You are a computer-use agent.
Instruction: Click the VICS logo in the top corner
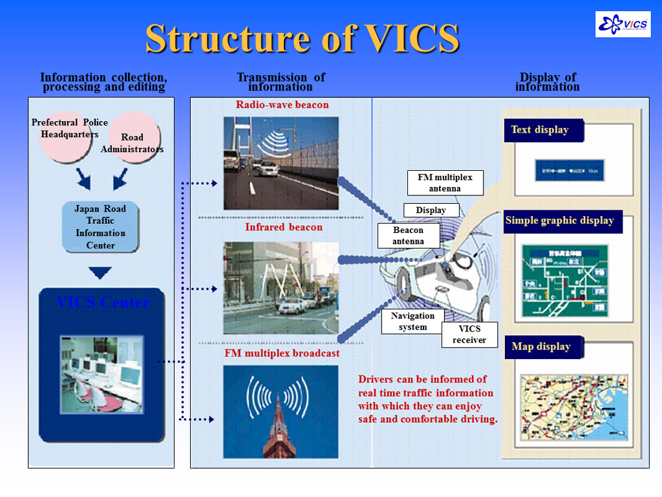[x=623, y=24]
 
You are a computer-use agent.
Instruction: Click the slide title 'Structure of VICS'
[x=302, y=38]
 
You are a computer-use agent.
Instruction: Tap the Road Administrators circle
[x=133, y=137]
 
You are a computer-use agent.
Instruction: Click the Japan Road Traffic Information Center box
[x=100, y=227]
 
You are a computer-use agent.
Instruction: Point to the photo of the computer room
[x=101, y=374]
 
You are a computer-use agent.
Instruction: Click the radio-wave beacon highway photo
[x=281, y=163]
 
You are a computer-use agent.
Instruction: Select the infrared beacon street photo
[x=281, y=288]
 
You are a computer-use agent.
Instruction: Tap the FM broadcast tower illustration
[x=281, y=412]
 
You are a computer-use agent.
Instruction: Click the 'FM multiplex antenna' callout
[x=445, y=183]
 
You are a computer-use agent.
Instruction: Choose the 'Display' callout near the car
[x=431, y=210]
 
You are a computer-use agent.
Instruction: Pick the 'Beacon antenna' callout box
[x=409, y=236]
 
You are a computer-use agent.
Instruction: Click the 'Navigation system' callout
[x=413, y=322]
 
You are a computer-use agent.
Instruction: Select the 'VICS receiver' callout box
[x=469, y=335]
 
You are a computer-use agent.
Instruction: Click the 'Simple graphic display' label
[x=560, y=221]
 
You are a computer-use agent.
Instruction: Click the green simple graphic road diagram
[x=564, y=280]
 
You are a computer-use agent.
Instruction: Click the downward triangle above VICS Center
[x=100, y=273]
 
